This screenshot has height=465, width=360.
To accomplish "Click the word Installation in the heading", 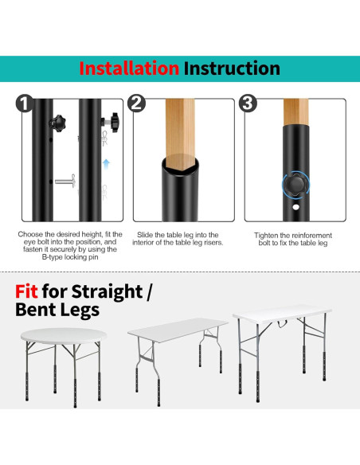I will (x=129, y=68).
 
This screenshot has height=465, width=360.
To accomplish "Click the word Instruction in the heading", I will (x=232, y=68).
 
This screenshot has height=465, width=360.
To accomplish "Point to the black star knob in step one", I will (x=57, y=123).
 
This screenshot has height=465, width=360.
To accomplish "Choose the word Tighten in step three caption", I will (x=268, y=235).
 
